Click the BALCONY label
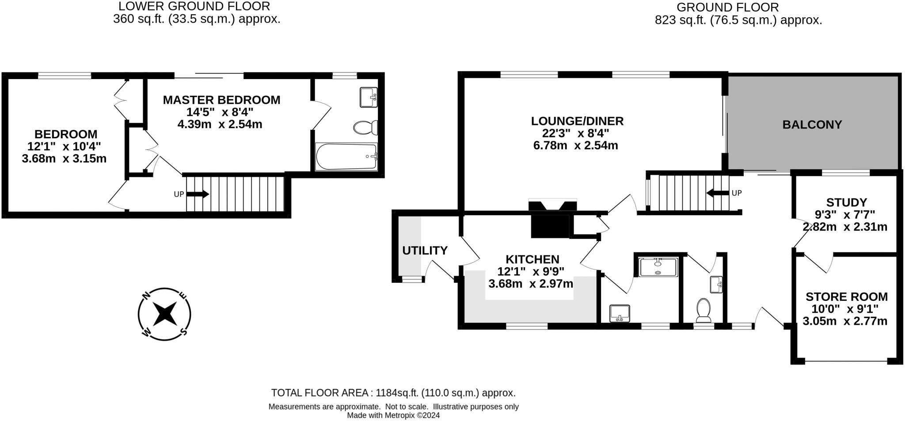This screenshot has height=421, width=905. (x=812, y=125)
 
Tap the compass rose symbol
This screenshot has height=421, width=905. (x=164, y=314)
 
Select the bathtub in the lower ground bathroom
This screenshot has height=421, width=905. (x=346, y=157)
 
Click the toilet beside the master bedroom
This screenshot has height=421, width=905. (x=365, y=128)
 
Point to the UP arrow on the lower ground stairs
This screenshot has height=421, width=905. (x=198, y=194)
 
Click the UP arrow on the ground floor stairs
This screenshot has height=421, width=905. (x=718, y=193)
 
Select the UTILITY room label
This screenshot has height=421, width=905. (x=425, y=250)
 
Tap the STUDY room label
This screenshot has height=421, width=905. (x=846, y=202)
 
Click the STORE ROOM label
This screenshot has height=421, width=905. (x=846, y=296)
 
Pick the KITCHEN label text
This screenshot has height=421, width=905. (x=532, y=259)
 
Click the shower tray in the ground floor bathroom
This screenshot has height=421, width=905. (x=658, y=267)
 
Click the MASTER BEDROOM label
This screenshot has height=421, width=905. (x=221, y=100)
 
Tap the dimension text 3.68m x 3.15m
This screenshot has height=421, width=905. (x=64, y=159)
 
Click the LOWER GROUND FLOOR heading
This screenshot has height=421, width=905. (x=194, y=6)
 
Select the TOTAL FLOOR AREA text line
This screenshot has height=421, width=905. (x=393, y=393)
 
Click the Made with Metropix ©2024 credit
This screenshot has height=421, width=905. (x=393, y=415)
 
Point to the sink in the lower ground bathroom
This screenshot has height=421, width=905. (x=368, y=97)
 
